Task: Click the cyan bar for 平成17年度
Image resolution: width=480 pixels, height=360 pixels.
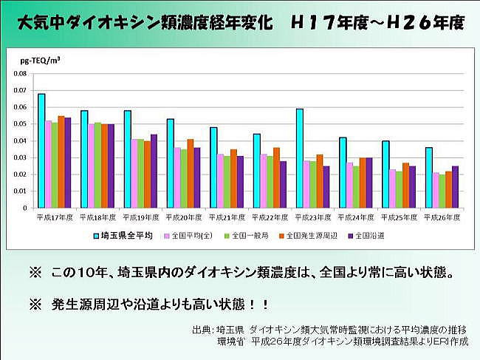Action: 41,151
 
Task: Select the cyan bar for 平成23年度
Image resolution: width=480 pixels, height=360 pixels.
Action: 299,158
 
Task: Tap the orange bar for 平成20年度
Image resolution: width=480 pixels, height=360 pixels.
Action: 190,174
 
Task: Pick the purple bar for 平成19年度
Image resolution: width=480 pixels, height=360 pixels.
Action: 154,171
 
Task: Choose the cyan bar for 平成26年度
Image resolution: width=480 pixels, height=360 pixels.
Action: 428,177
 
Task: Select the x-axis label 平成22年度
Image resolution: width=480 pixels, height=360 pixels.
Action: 267,218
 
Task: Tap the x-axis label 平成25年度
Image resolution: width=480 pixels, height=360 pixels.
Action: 396,218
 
